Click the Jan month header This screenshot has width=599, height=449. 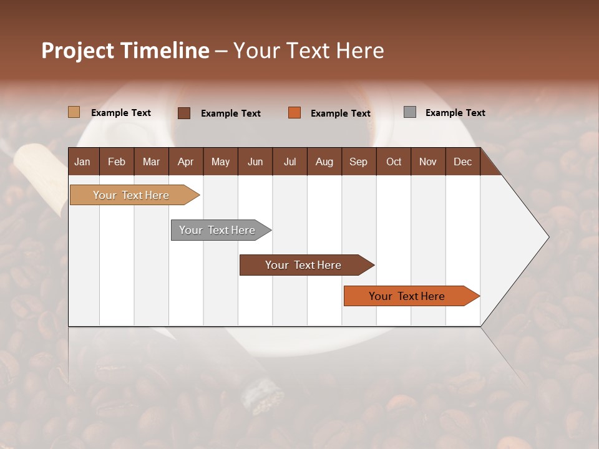(x=82, y=162)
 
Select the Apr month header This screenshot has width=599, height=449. (x=185, y=162)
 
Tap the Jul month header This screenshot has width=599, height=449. (x=290, y=162)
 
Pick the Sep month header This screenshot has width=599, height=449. (x=358, y=162)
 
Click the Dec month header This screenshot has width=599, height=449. (x=462, y=162)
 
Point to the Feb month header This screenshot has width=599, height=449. (x=117, y=162)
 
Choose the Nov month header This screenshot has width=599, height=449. (x=427, y=162)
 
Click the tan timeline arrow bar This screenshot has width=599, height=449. (x=131, y=195)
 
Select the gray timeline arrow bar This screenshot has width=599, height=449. (x=217, y=230)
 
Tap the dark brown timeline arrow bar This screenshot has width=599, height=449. (x=303, y=265)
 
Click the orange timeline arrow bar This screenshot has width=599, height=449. (x=407, y=296)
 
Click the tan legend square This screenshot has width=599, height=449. (x=74, y=112)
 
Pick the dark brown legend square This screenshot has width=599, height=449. (x=184, y=113)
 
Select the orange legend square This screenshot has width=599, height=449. (x=295, y=113)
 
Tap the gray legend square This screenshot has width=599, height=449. (x=410, y=112)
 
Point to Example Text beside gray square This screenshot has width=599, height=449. (x=455, y=113)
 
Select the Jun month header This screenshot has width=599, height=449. (x=255, y=162)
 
